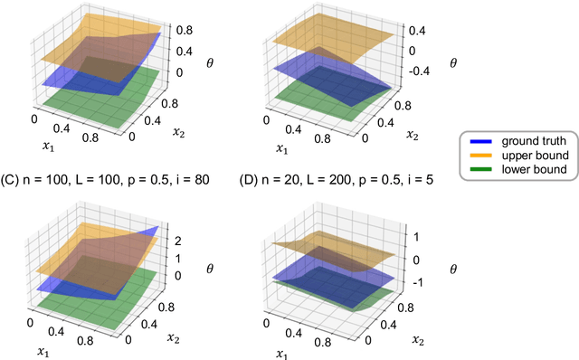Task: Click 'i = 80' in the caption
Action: (193, 180)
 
